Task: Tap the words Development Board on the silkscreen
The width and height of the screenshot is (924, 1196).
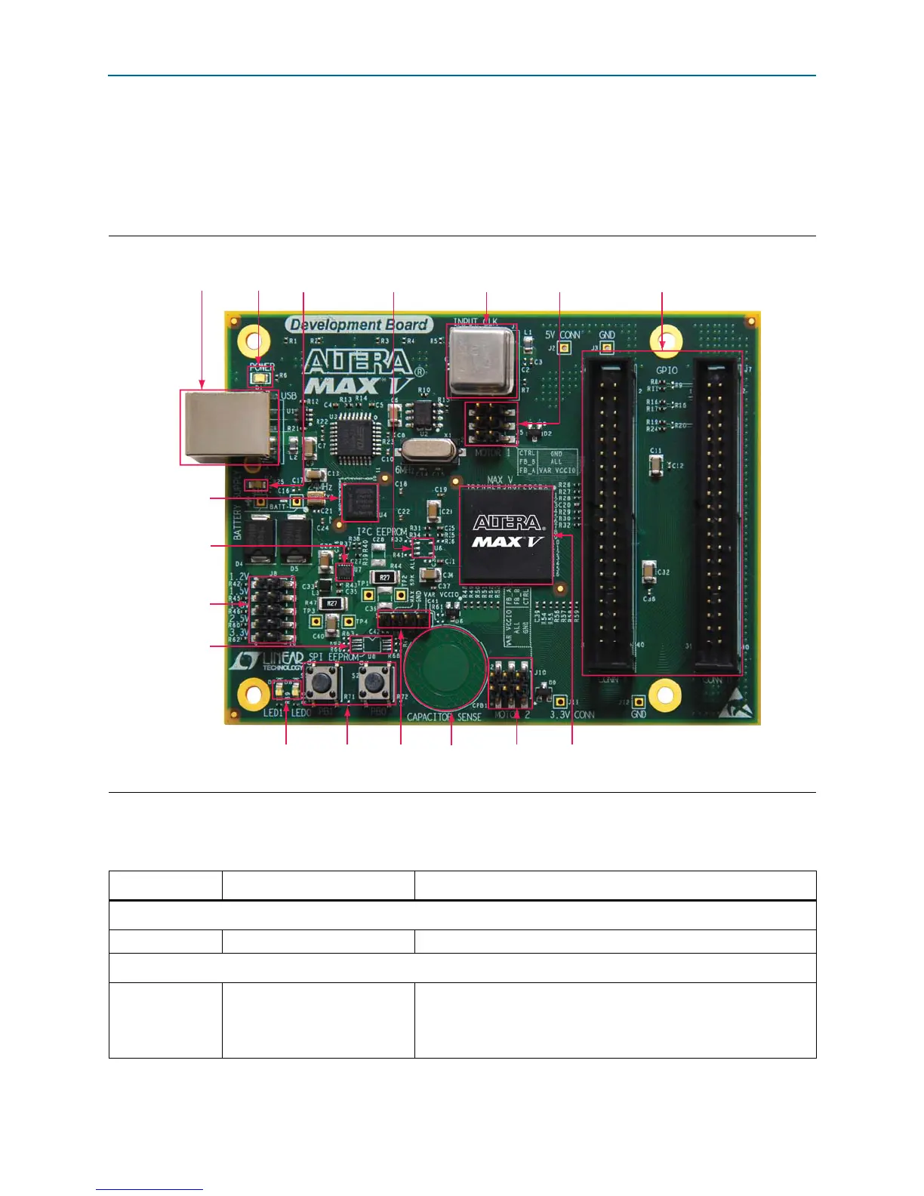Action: click(359, 325)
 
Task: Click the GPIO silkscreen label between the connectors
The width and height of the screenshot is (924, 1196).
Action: click(667, 370)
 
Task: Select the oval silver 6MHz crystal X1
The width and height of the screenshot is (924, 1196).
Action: click(429, 451)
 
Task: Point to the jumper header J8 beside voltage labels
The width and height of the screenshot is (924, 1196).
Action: click(273, 611)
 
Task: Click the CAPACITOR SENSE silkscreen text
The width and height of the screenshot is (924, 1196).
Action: click(444, 717)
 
